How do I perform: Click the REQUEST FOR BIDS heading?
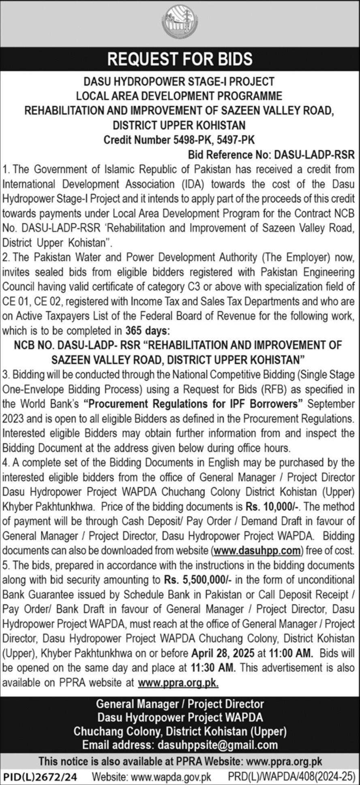point(180,59)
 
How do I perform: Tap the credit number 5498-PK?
point(189,140)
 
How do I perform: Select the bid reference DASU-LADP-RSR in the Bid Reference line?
point(314,154)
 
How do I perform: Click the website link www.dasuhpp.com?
point(257,551)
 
